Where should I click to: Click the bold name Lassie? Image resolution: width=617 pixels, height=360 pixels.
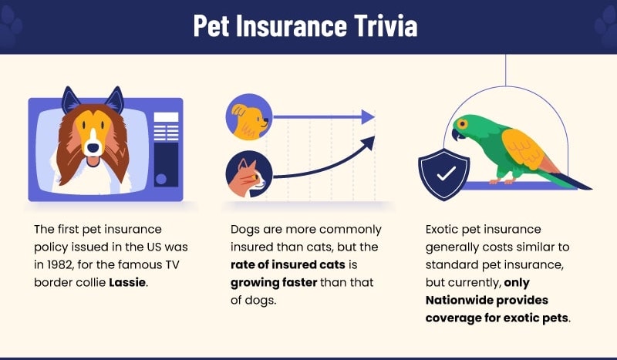(x=126, y=282)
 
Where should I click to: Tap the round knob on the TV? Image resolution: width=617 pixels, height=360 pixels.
(x=161, y=179)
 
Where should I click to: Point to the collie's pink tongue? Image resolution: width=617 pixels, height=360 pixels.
(x=93, y=160)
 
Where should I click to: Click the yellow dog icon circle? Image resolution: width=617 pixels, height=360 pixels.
(x=248, y=118)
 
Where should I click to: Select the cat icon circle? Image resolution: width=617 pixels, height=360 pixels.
(x=248, y=174)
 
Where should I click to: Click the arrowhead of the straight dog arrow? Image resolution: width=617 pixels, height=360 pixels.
(x=368, y=117)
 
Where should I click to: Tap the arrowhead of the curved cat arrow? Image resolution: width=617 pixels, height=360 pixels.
(x=368, y=143)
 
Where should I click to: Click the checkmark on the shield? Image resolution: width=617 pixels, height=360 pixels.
(x=445, y=173)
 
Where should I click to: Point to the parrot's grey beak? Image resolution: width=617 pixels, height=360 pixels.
(x=457, y=132)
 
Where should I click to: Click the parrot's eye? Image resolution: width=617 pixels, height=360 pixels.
(x=464, y=123)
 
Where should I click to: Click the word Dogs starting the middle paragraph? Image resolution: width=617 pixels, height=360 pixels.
(x=246, y=229)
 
